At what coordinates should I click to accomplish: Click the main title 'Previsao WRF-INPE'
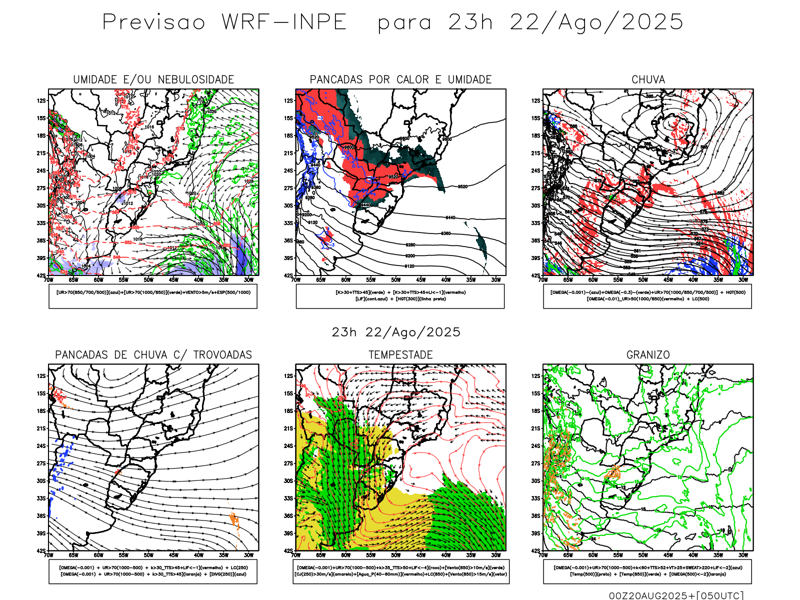click(x=225, y=22)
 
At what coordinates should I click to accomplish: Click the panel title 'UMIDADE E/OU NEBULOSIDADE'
click(x=153, y=79)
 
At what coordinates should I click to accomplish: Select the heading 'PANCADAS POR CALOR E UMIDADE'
click(x=400, y=79)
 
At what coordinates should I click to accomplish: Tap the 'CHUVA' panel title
click(x=648, y=79)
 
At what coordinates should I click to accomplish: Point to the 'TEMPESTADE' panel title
click(x=400, y=355)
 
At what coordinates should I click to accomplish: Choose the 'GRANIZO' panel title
click(x=648, y=355)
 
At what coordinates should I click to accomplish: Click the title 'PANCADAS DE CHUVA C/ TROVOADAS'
click(x=153, y=355)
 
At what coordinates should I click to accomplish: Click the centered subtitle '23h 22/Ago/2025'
click(x=396, y=332)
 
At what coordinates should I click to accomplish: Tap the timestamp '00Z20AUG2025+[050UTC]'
click(x=676, y=595)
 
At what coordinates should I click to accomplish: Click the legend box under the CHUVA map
click(x=647, y=296)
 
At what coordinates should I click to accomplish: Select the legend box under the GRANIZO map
click(x=647, y=571)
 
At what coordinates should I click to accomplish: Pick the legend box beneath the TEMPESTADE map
click(x=400, y=571)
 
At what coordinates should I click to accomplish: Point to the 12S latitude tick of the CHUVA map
click(x=535, y=101)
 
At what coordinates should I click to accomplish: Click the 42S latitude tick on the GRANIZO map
click(x=535, y=551)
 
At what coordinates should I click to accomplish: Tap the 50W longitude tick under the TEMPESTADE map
click(x=396, y=555)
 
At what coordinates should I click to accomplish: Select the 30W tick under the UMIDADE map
click(x=248, y=280)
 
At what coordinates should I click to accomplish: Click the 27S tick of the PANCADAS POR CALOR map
click(x=288, y=188)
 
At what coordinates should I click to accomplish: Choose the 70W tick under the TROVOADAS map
click(x=48, y=555)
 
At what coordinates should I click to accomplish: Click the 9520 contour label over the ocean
click(x=462, y=187)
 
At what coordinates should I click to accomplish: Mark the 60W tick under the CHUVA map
click(x=593, y=280)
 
